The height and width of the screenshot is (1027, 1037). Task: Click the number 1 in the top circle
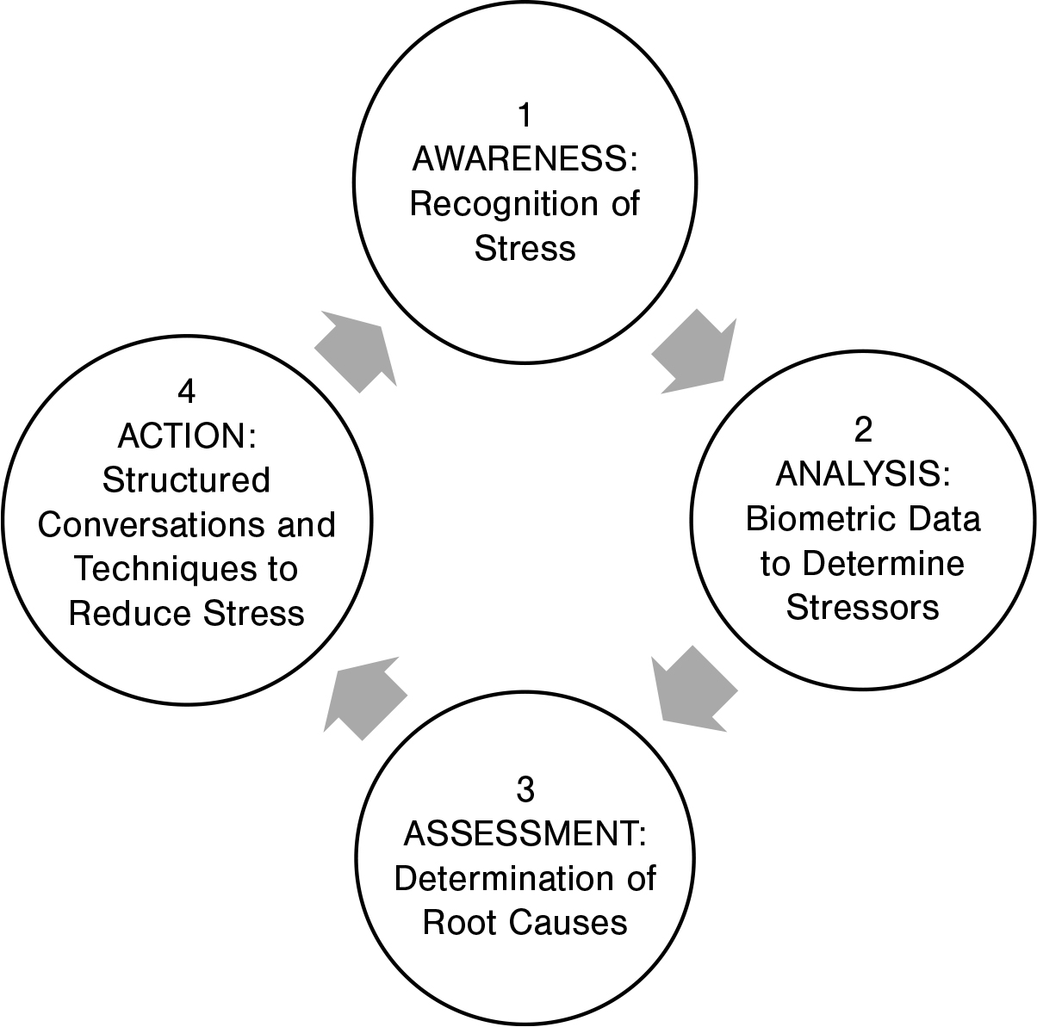[x=524, y=114]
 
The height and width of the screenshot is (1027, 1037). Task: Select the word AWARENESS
[x=518, y=159]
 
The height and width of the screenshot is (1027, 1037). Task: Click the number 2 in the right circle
[x=863, y=429]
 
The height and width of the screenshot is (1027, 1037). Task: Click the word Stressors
[x=862, y=608]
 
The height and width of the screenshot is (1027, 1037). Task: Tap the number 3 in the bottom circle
[x=525, y=789]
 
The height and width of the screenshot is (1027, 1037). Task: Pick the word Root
[x=456, y=924]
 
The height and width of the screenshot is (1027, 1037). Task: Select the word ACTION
[x=182, y=436]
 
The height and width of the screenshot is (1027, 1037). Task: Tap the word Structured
[x=186, y=480]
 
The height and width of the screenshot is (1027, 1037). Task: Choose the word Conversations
[x=153, y=525]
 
